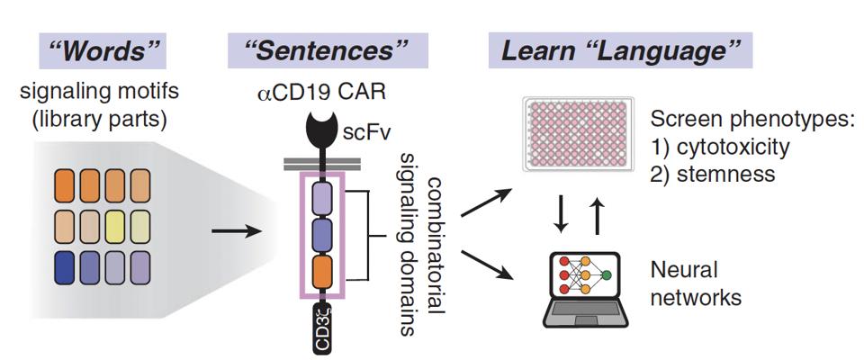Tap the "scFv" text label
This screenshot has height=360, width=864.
point(369,134)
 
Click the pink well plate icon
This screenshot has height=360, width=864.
point(568,135)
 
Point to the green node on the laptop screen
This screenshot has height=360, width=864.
point(606,274)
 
